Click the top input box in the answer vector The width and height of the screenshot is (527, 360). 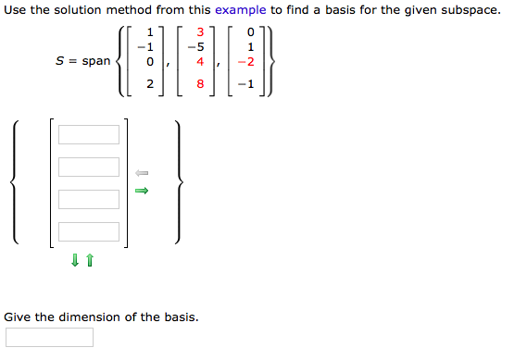(x=89, y=135)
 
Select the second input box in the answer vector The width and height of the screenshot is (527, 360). (x=89, y=168)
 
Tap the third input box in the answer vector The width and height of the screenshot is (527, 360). (x=89, y=199)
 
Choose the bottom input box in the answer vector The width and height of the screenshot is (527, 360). (x=89, y=231)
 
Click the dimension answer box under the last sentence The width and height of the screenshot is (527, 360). (x=49, y=337)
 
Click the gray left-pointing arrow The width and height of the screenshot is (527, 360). (x=142, y=173)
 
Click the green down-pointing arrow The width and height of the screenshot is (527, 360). (x=74, y=262)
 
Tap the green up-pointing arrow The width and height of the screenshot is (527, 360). (x=90, y=262)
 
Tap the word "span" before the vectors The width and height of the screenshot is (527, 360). (x=97, y=61)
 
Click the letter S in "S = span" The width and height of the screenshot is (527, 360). (x=60, y=61)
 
